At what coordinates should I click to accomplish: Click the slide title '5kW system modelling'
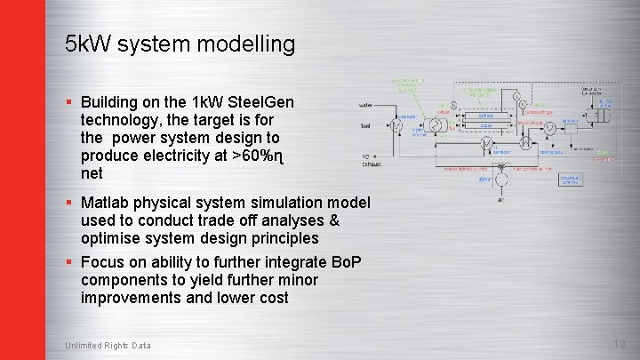pos(180,44)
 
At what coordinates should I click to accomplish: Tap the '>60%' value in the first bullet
pos(252,156)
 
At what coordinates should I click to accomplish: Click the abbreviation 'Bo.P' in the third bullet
pos(345,262)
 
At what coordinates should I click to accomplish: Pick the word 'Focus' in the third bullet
pos(102,262)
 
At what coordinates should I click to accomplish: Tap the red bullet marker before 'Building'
pos(68,102)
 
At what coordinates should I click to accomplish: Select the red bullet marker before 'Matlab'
pos(68,203)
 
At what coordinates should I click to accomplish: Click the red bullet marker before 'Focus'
pos(68,262)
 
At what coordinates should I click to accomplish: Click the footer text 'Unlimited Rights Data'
pos(108,346)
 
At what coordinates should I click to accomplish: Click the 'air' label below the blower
pos(503,201)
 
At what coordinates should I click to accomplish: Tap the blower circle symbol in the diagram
pos(503,180)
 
